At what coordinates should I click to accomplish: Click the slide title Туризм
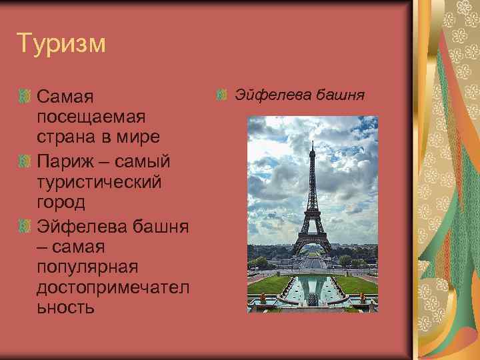click(61, 43)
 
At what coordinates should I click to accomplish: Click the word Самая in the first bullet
click(65, 98)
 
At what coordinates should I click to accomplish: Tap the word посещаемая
click(91, 117)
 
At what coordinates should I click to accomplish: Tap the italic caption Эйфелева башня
click(299, 94)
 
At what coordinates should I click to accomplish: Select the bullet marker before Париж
click(25, 161)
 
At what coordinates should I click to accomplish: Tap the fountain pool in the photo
click(311, 289)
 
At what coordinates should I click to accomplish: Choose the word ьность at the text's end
click(66, 307)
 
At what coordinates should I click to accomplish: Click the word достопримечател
click(114, 287)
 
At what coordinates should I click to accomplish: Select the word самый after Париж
click(143, 161)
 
